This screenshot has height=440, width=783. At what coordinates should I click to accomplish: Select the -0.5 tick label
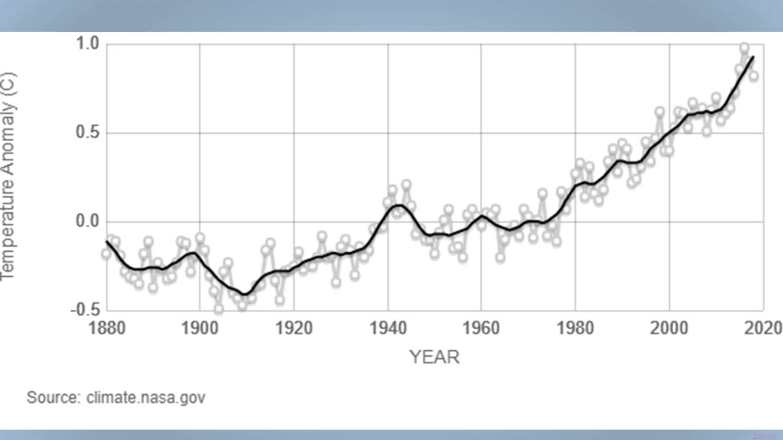86,310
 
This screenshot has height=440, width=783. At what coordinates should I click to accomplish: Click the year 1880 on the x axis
106,328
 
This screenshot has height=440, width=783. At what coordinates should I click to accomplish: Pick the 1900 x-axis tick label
199,328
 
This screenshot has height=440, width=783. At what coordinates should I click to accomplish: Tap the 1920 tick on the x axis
294,328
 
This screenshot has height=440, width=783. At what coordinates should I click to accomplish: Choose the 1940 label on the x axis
387,328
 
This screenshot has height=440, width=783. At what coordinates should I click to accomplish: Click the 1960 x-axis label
481,328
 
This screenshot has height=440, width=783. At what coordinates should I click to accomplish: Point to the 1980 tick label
575,328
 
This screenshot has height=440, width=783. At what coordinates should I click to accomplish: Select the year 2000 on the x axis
669,328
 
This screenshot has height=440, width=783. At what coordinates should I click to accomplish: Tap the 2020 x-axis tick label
762,328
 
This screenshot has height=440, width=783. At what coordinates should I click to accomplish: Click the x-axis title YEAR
434,357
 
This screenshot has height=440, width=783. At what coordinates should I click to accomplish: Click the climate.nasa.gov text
146,398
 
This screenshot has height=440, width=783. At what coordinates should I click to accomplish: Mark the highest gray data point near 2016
744,48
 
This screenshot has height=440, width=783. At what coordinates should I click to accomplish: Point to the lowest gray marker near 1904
218,309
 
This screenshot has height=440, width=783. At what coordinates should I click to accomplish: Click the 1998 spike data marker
659,112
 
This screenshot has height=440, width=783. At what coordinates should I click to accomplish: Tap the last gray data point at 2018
754,76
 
